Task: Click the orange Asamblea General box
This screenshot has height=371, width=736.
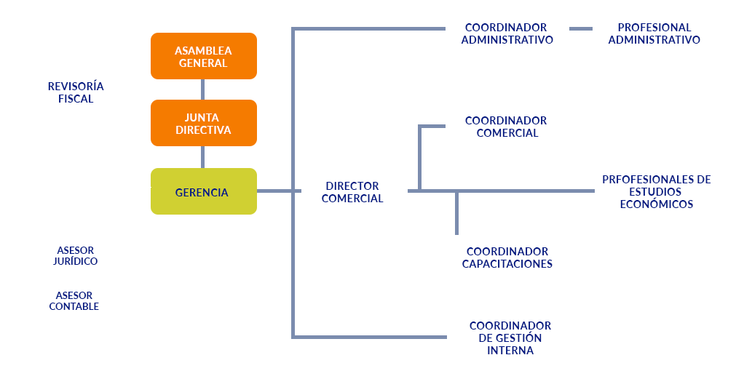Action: pyautogui.click(x=203, y=56)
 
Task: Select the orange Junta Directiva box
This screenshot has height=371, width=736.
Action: pyautogui.click(x=203, y=123)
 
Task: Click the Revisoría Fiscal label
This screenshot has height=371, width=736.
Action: pyautogui.click(x=76, y=92)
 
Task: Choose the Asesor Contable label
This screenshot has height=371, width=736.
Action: pyautogui.click(x=74, y=300)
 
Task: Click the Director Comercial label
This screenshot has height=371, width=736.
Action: pyautogui.click(x=352, y=192)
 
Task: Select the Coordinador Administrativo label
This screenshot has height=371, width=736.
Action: pyautogui.click(x=507, y=33)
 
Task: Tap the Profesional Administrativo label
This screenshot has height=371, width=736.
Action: pyautogui.click(x=654, y=33)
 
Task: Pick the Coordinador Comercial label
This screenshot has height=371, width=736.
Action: pyautogui.click(x=507, y=127)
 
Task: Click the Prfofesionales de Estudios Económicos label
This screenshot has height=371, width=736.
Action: pyautogui.click(x=656, y=191)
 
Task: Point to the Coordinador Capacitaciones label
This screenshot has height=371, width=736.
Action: pyautogui.click(x=507, y=258)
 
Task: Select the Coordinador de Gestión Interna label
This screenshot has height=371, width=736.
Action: pyautogui.click(x=510, y=338)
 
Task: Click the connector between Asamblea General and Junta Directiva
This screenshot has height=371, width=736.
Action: pyautogui.click(x=202, y=89)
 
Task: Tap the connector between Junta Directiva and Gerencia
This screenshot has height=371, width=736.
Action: pyautogui.click(x=202, y=157)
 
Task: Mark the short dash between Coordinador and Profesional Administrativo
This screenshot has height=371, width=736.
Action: pyautogui.click(x=581, y=29)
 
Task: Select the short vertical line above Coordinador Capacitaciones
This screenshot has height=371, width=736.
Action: pyautogui.click(x=457, y=213)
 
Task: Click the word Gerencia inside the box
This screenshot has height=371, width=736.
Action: pyautogui.click(x=202, y=193)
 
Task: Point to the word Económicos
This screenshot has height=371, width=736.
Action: pyautogui.click(x=656, y=204)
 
